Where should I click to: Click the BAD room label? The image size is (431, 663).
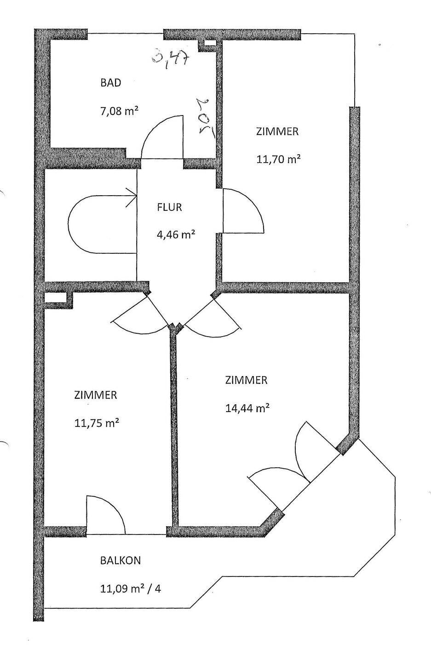111,83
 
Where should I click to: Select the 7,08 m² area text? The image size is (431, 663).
120,111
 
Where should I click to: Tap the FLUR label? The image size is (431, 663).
169,207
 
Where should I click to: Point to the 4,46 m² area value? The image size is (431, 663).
175,235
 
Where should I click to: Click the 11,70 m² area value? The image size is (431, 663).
278,159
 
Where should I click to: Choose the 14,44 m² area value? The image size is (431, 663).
247,408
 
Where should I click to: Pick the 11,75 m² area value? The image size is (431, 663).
97,423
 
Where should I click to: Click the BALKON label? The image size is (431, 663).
121,560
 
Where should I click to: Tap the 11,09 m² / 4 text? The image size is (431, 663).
130,588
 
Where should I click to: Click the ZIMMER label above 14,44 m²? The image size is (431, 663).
246,380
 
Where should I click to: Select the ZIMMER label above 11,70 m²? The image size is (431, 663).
277,131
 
